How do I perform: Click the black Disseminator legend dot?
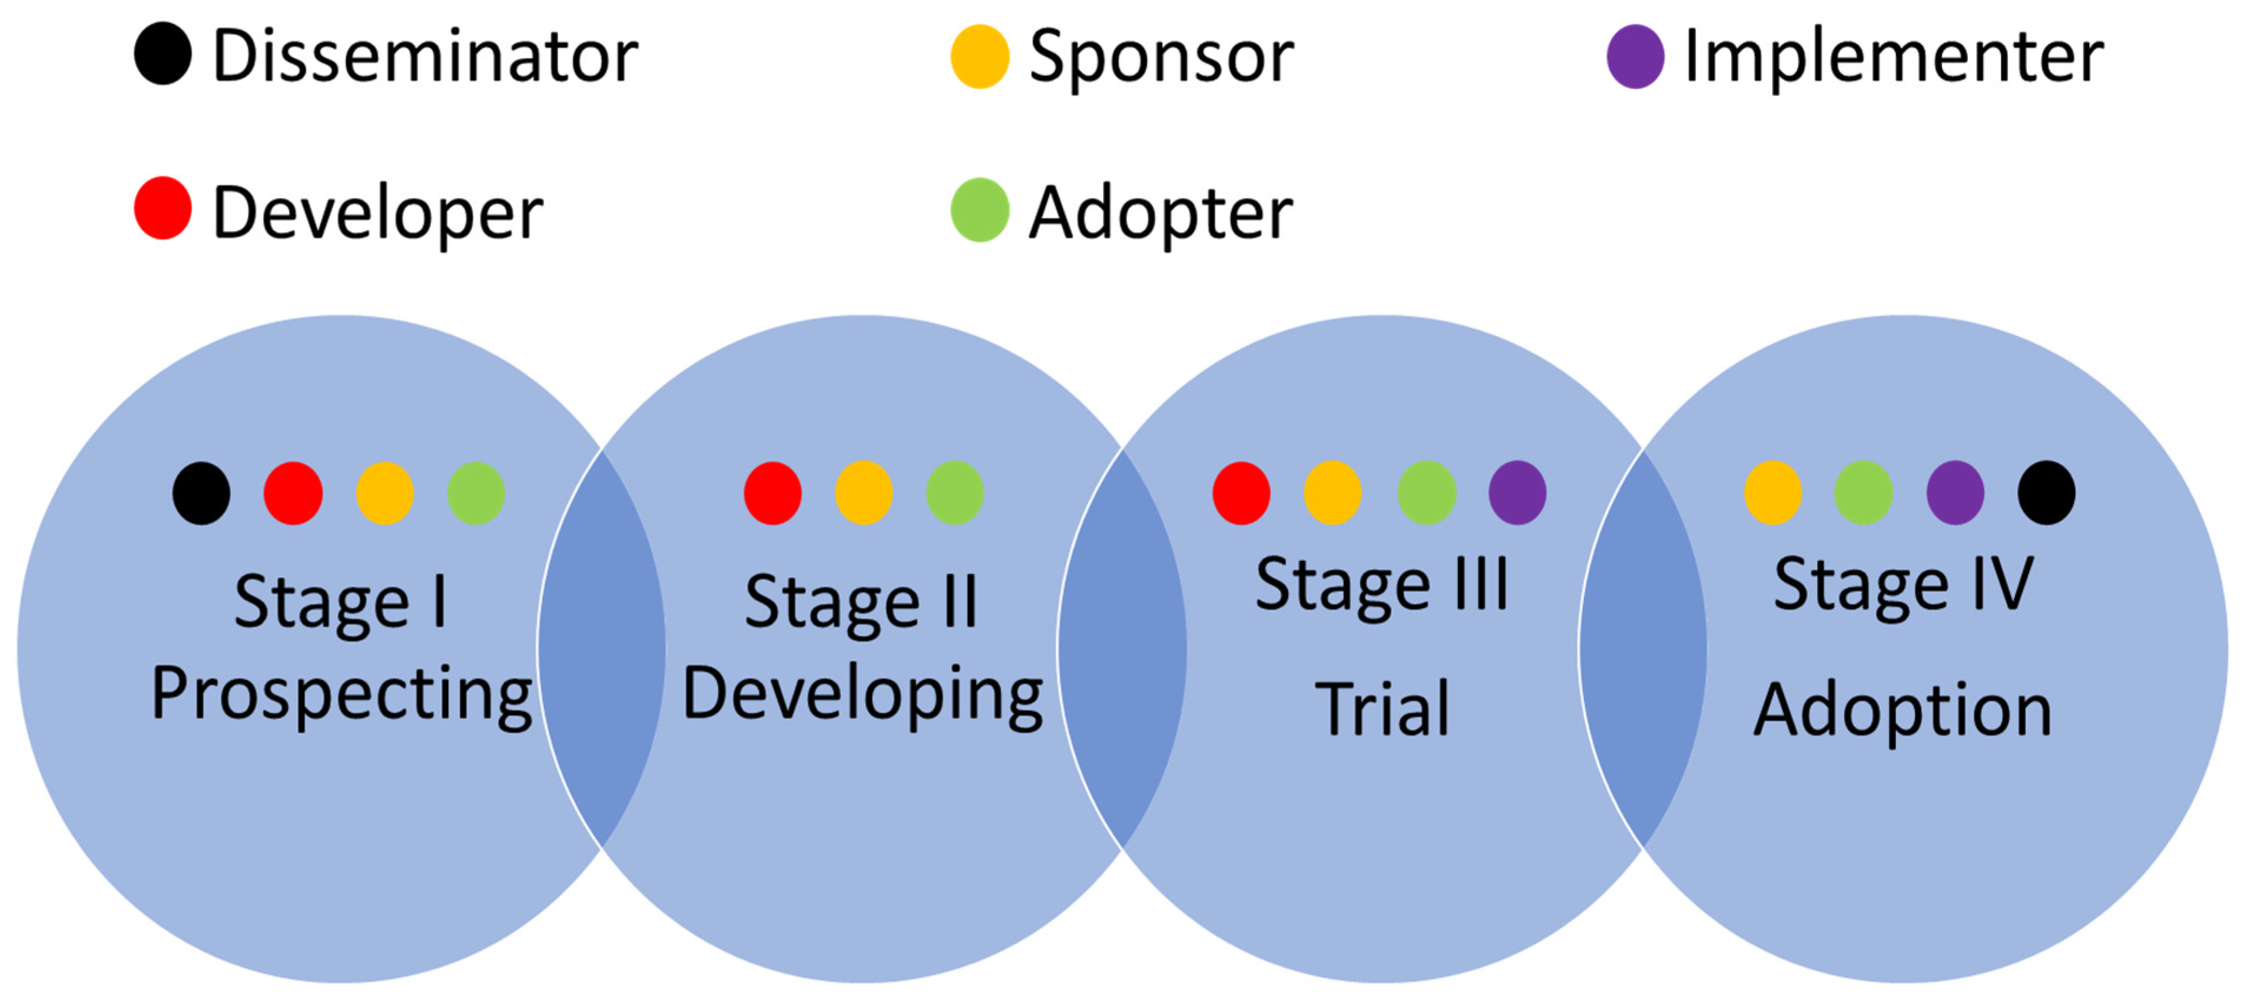(x=163, y=54)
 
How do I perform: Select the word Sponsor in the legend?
(x=1161, y=58)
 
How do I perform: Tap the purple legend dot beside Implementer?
(x=1636, y=57)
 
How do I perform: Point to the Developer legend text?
(x=377, y=214)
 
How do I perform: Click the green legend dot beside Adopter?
(x=980, y=210)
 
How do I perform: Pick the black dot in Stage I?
(x=201, y=493)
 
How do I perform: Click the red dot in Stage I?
(x=293, y=493)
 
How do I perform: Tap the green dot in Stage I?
(x=476, y=493)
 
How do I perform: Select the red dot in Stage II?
(x=773, y=493)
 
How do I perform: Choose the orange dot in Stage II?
(x=864, y=493)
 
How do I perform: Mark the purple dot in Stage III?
(x=1518, y=493)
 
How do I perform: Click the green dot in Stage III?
(x=1427, y=493)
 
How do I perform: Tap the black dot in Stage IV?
(x=2046, y=493)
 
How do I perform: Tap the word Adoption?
(x=1903, y=711)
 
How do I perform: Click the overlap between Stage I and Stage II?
(x=602, y=649)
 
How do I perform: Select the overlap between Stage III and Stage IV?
(x=1642, y=649)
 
